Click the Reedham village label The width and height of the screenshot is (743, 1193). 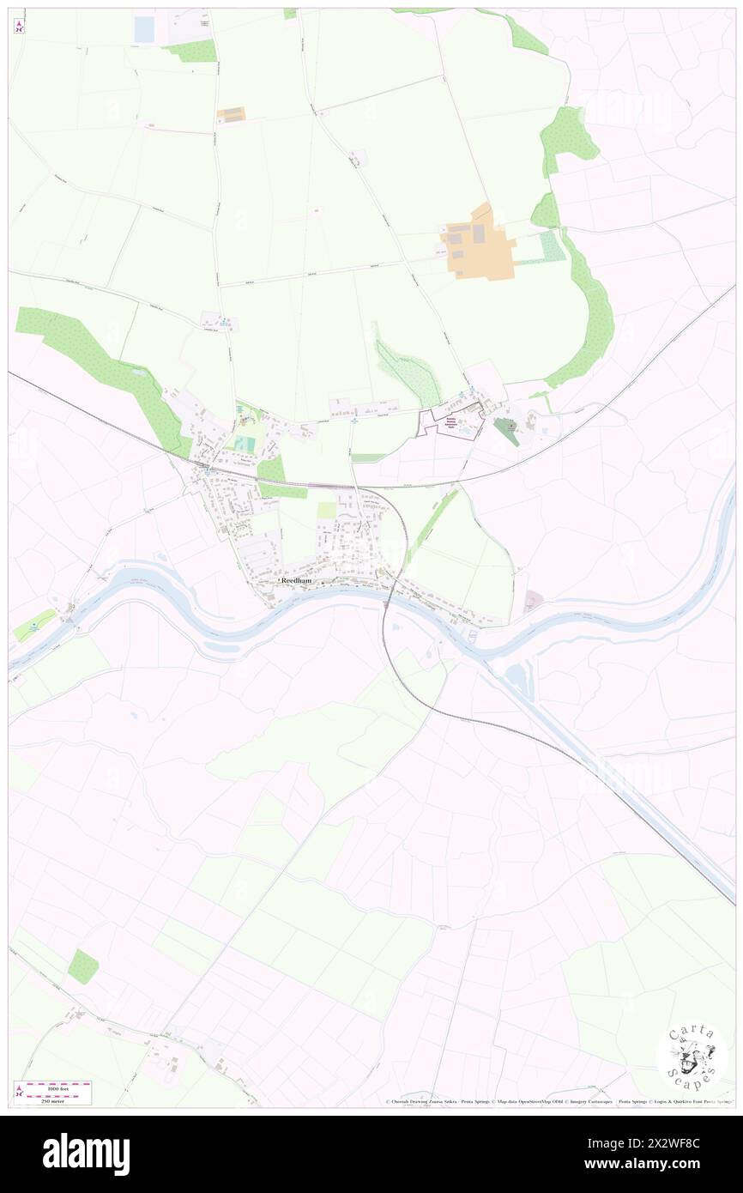tap(295, 581)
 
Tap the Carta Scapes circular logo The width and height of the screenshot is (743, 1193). tap(692, 1058)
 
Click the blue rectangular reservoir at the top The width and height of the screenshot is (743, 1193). tap(145, 28)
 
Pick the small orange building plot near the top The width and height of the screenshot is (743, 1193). tap(232, 114)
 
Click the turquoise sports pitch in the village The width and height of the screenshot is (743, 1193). tap(245, 445)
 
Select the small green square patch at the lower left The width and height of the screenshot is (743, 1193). tap(83, 966)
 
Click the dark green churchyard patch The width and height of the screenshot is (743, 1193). tap(505, 431)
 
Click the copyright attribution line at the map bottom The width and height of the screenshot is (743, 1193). tap(558, 1101)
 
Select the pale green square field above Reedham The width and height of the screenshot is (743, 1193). tap(327, 510)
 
